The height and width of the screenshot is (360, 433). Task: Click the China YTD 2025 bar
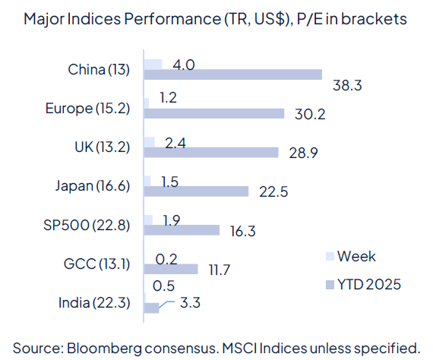232,74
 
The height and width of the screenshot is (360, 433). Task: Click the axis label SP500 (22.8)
87,224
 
